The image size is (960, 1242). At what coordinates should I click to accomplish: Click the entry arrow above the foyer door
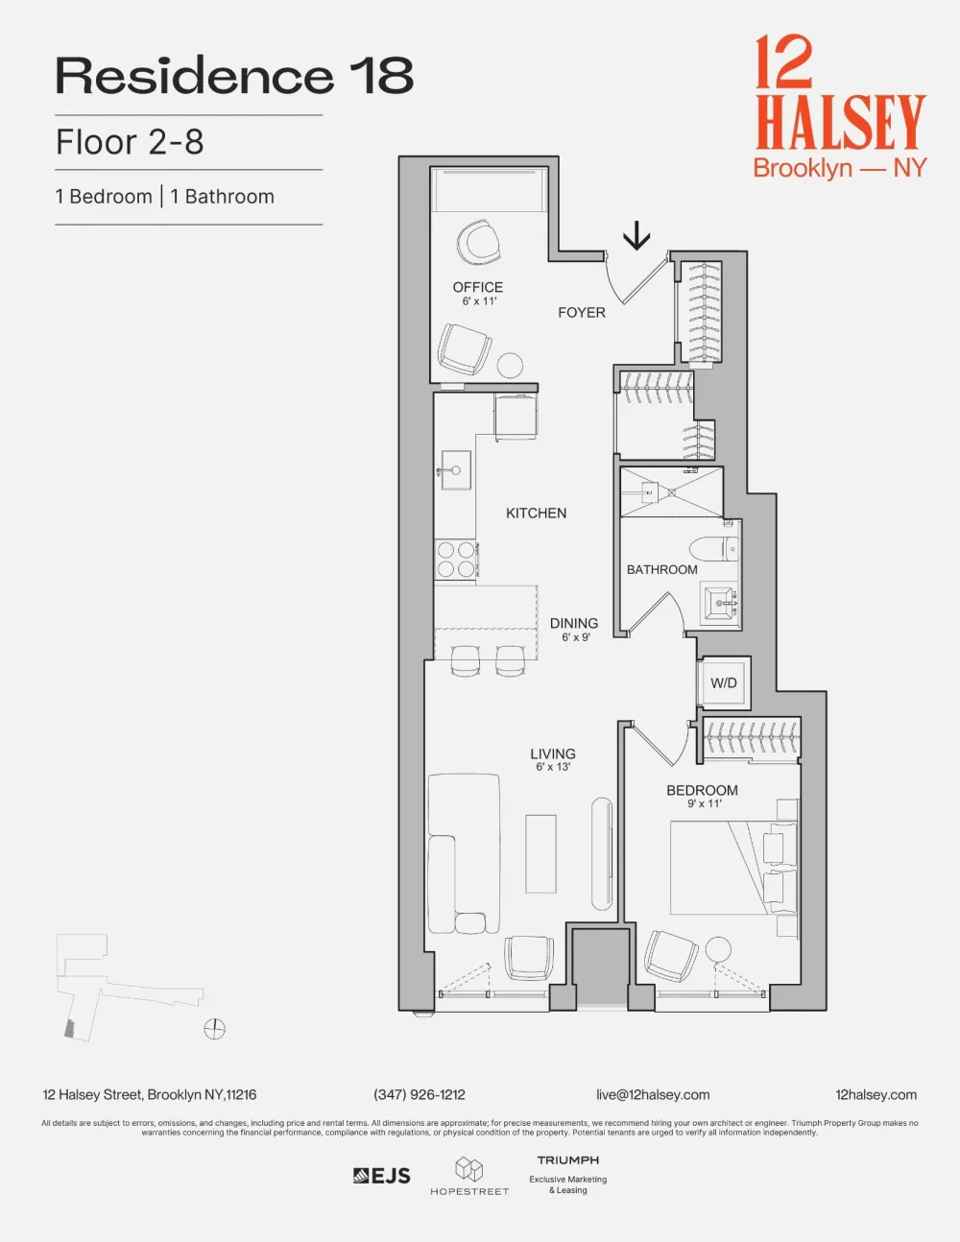[636, 236]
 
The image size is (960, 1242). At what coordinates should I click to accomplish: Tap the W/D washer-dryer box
[724, 682]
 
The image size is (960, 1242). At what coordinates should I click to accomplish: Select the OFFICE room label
[478, 287]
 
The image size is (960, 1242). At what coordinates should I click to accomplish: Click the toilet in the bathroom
[714, 549]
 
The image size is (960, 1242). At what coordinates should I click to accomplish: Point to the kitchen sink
[456, 469]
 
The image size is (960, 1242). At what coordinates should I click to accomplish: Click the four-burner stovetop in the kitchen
[455, 560]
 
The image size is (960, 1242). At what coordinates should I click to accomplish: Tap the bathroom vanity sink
[721, 603]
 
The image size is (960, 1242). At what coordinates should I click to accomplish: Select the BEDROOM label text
[702, 790]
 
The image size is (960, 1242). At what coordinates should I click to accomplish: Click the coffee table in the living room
[540, 853]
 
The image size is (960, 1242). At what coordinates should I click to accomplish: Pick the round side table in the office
[509, 366]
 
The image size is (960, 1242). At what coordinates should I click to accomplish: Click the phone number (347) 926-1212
[420, 1094]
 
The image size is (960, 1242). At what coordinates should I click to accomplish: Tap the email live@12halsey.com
[653, 1094]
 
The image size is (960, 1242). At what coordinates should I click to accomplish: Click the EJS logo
[382, 1176]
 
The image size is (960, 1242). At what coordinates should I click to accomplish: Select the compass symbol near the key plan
[214, 1029]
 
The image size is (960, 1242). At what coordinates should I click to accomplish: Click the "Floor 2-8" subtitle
[130, 142]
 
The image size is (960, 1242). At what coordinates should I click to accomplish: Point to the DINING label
[574, 623]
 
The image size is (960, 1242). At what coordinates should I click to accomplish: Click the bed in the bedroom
[733, 869]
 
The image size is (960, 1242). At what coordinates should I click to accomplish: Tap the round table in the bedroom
[718, 950]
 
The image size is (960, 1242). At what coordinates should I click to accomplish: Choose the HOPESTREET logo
[469, 1176]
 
